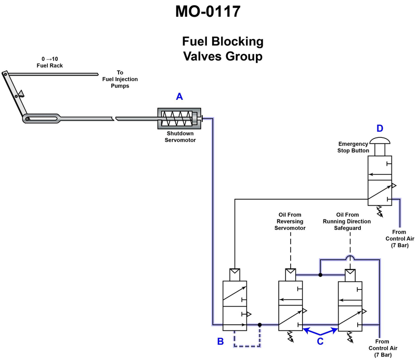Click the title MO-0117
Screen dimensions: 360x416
point(207,11)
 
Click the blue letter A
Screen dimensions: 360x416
point(179,96)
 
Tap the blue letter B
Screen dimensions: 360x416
point(220,341)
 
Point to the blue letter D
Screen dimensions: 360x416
point(380,128)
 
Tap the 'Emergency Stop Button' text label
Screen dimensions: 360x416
point(354,147)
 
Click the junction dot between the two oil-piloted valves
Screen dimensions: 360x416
point(320,274)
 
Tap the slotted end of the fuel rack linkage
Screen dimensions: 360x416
point(44,119)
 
